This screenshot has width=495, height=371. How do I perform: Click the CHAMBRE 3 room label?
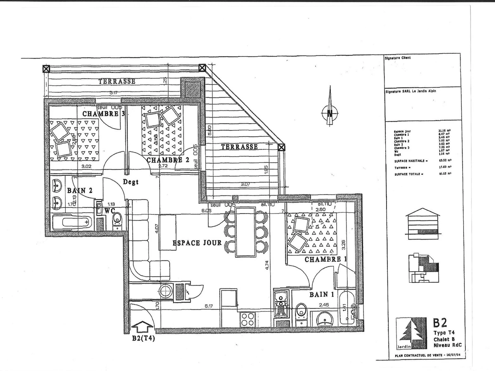104,114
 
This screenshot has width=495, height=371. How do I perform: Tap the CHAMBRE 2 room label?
167,160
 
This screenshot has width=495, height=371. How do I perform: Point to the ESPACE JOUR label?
197,243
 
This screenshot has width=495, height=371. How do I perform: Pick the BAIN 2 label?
79,190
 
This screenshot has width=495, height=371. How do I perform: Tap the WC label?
109,210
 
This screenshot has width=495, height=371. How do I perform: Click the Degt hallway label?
130,182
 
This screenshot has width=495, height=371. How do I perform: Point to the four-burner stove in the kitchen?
248,319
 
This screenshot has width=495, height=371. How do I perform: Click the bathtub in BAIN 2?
72,223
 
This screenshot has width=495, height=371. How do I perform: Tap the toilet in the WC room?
117,219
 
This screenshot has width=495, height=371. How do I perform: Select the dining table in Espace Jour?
245,232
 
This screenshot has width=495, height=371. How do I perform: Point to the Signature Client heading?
397,58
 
